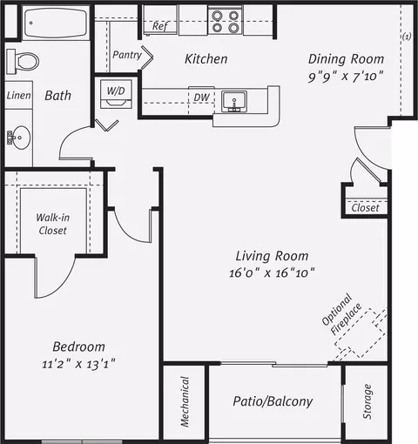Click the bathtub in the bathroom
coord(56,23)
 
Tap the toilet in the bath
coord(23,62)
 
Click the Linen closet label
coord(18,96)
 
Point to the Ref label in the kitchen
coord(160,26)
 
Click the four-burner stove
coord(226,22)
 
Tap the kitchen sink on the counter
coord(234,101)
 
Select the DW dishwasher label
coord(201,98)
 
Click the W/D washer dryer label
coord(116,91)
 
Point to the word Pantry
coord(127,55)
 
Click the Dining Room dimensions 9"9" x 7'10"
coord(346,77)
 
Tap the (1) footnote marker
coord(407,37)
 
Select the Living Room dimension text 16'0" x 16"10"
coord(272,272)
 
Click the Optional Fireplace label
coord(342,314)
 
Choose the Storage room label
coord(367,401)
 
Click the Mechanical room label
coord(185,401)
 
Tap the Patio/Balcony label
coord(273,401)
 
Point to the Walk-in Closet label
coord(53,224)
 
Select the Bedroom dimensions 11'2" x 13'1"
coord(78,364)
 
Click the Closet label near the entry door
coord(365,208)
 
